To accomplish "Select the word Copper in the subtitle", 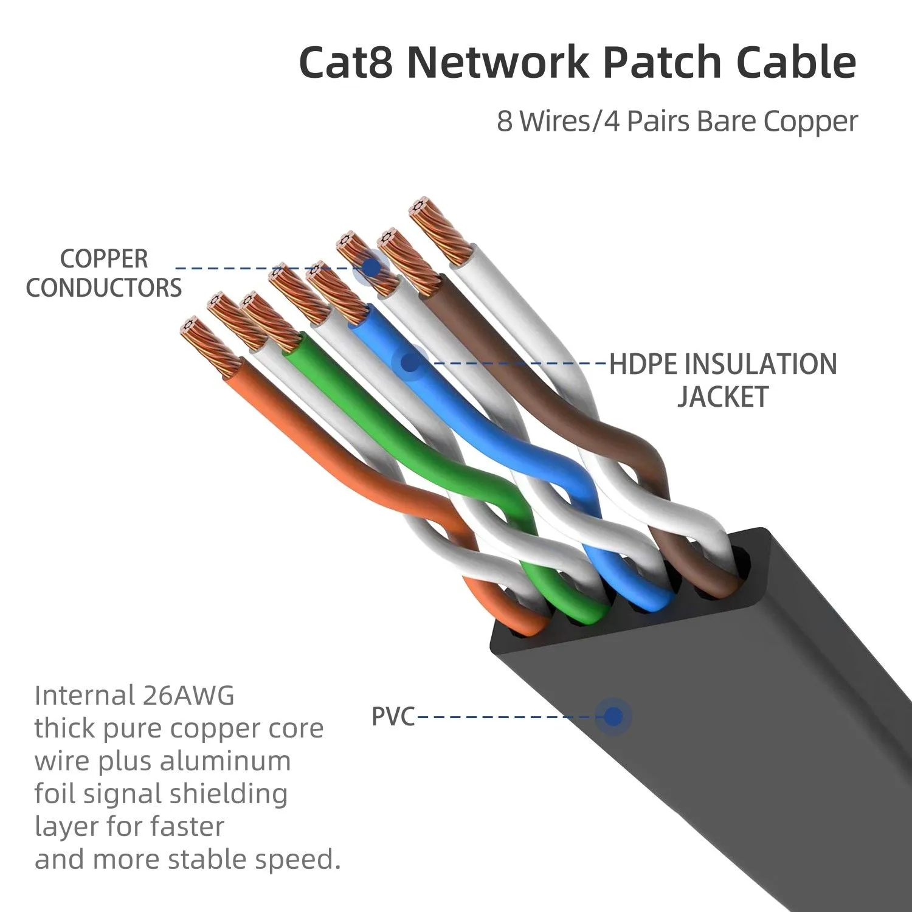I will click(811, 121).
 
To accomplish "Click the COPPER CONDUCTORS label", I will click(104, 273).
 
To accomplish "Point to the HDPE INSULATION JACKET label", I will click(723, 379).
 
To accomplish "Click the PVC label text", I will click(393, 717).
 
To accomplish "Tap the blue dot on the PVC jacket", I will click(613, 717).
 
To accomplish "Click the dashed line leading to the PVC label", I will click(505, 717).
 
